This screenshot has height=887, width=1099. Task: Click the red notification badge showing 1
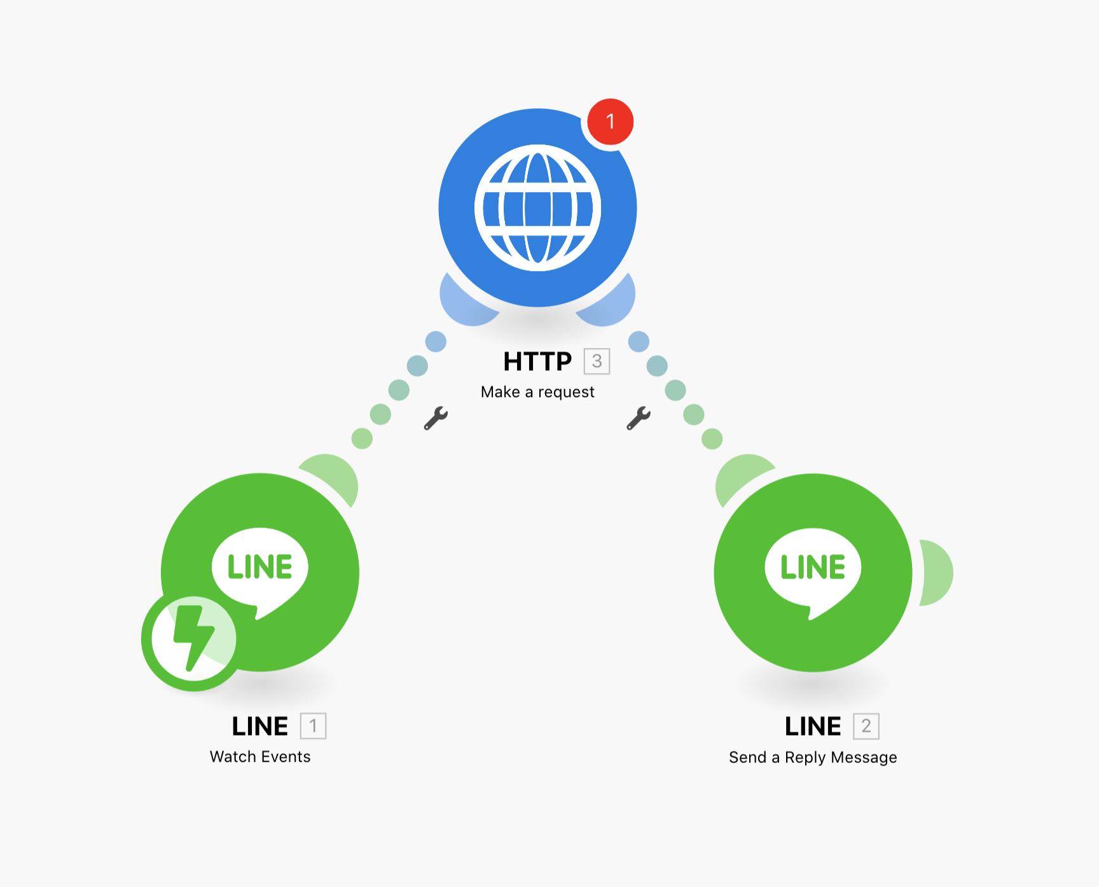tap(610, 122)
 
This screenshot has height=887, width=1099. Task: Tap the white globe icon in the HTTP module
tap(538, 207)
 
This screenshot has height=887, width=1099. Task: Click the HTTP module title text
tap(537, 361)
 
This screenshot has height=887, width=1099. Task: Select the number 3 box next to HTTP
tap(597, 361)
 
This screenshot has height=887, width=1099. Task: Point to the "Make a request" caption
tap(537, 392)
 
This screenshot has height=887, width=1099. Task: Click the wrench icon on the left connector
tap(436, 418)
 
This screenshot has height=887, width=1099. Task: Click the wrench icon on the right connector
tap(639, 418)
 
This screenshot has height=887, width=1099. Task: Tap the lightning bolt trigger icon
tap(193, 639)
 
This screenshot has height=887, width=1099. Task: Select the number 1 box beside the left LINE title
tap(313, 726)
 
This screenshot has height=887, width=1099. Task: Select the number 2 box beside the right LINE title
tap(866, 726)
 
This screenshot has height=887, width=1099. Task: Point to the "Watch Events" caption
tap(260, 757)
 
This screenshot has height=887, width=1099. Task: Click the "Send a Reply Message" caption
tap(813, 757)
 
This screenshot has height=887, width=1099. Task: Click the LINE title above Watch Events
tap(259, 726)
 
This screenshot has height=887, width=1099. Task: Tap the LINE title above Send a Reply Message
tap(813, 726)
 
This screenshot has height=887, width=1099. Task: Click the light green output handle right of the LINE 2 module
tap(937, 573)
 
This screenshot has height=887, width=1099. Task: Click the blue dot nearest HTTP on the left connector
tap(436, 342)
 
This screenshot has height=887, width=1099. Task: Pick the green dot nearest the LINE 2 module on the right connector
tap(712, 438)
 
